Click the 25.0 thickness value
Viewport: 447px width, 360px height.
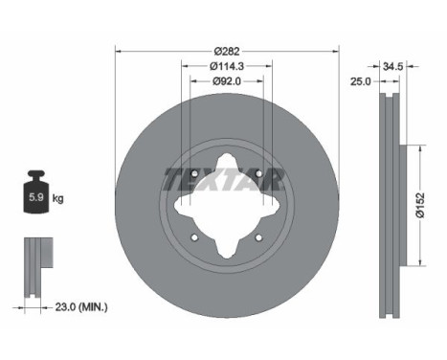(360, 82)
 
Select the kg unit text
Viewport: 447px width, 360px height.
(58, 199)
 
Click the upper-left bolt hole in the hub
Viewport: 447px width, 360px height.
(193, 173)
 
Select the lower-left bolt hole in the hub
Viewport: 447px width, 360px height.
(193, 237)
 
